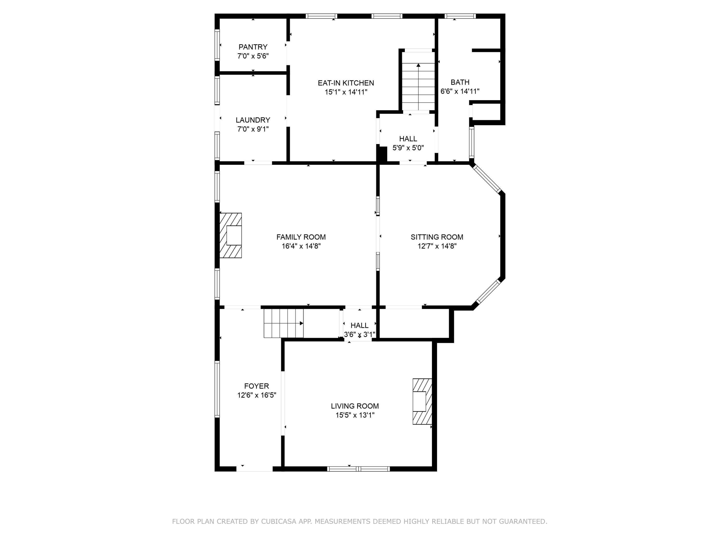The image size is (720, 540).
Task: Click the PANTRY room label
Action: (x=253, y=47)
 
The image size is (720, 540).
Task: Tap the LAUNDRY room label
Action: (x=253, y=120)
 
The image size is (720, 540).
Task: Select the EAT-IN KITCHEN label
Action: (x=346, y=83)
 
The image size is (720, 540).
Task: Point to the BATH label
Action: (x=460, y=82)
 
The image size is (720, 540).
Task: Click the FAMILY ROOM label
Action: (x=301, y=237)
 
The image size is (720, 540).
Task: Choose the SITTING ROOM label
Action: (x=437, y=237)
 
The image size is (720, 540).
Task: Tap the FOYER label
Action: (x=257, y=386)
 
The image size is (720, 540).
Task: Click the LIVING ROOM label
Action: (x=355, y=406)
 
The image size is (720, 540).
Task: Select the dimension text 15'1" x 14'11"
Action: (x=346, y=92)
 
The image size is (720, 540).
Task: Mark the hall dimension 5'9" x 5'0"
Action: (x=408, y=148)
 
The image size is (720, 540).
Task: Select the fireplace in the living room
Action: (x=422, y=401)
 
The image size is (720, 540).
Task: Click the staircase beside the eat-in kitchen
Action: (x=418, y=81)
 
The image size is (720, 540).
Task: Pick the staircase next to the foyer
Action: (x=283, y=324)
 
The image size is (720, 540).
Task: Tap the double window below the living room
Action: (x=358, y=469)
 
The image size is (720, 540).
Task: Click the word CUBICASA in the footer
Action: (x=279, y=522)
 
